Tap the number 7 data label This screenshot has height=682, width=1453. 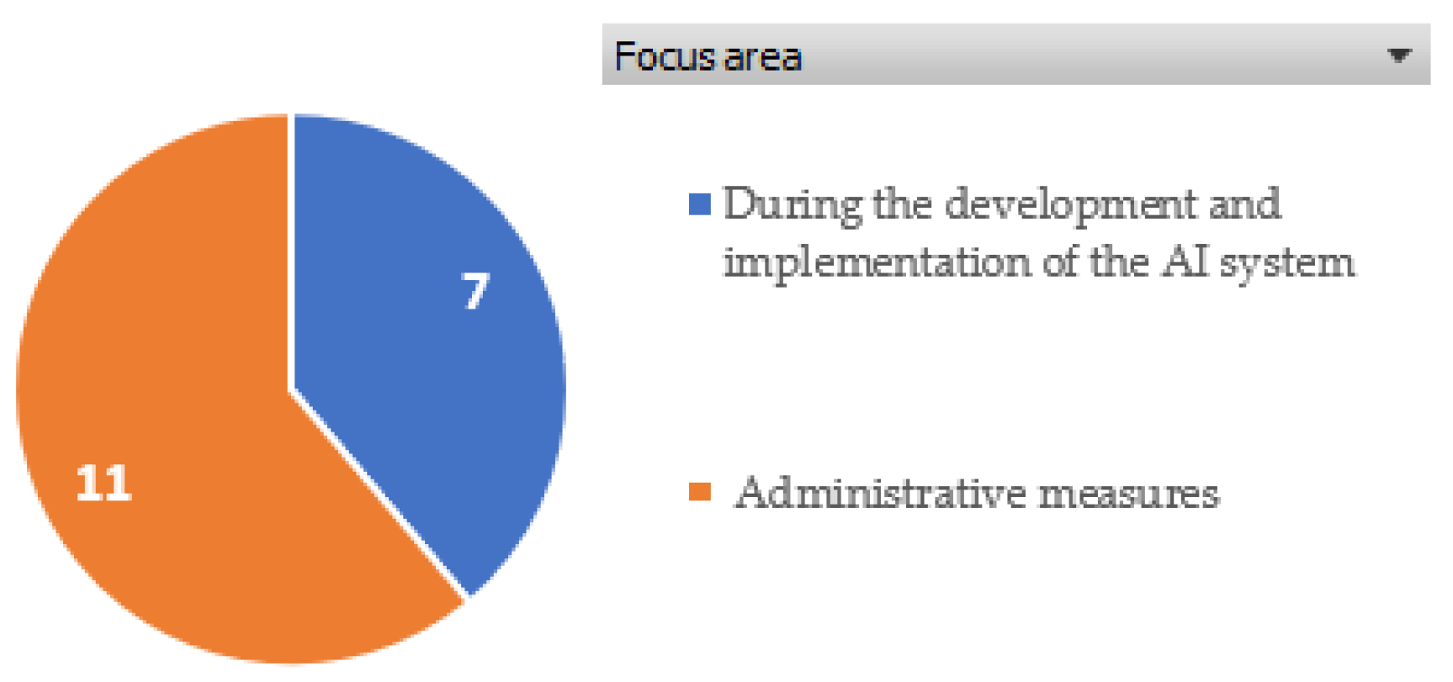475,292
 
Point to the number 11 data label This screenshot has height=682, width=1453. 103,484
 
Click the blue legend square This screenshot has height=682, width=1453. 700,204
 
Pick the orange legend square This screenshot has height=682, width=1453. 700,491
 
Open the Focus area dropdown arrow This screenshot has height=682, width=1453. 1399,56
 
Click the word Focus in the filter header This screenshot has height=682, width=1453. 665,56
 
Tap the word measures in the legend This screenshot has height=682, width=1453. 1128,494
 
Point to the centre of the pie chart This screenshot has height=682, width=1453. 291,389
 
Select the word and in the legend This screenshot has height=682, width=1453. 1244,204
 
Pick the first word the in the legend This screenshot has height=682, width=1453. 903,204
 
